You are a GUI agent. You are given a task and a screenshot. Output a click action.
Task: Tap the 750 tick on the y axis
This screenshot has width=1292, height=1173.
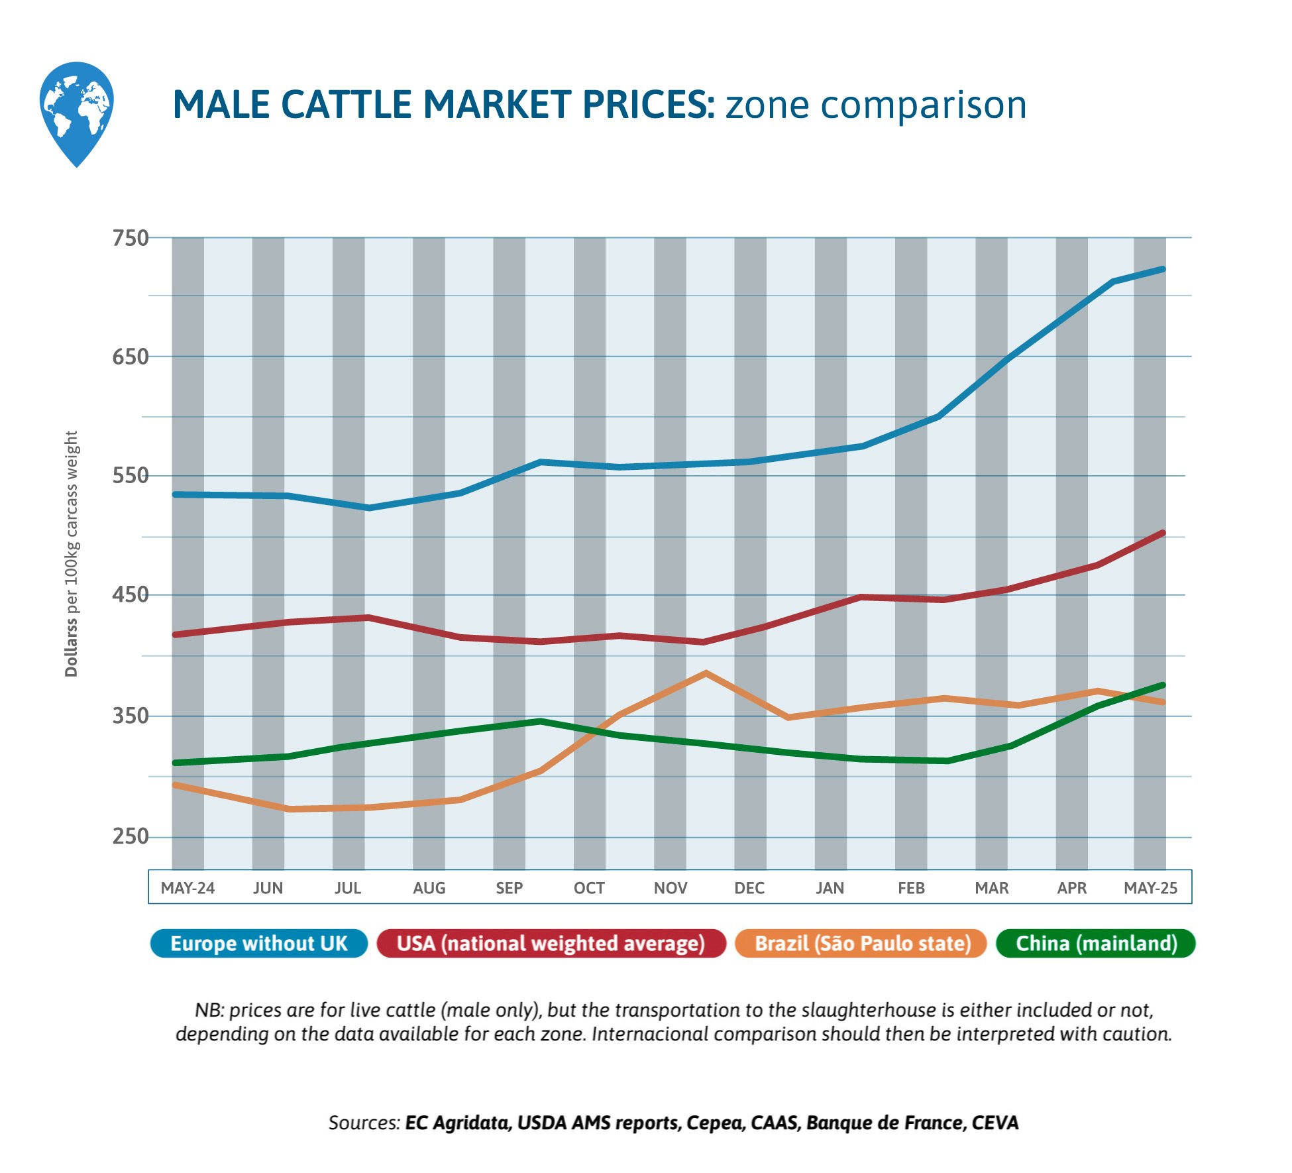point(131,238)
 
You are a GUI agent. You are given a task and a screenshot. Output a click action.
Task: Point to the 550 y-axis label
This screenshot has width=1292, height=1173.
point(131,476)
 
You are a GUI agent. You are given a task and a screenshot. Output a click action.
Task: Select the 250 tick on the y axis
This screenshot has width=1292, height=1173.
point(131,836)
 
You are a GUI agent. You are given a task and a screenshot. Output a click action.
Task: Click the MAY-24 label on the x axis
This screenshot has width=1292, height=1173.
point(188,888)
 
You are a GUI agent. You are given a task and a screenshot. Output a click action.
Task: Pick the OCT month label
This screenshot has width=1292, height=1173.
point(589,888)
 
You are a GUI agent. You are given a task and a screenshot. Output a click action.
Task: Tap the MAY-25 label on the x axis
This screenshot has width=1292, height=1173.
point(1150,888)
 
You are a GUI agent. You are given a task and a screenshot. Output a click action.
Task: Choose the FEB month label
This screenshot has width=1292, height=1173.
point(911,888)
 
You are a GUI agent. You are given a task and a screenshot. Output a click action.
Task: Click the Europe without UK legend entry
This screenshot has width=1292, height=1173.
point(258,943)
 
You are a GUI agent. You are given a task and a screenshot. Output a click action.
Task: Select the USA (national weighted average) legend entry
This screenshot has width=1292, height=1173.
point(551,943)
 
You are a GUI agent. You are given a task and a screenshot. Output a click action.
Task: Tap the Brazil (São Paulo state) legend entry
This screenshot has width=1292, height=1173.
point(862,943)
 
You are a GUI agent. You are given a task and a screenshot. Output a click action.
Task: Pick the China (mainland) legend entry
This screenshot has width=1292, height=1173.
point(1096,943)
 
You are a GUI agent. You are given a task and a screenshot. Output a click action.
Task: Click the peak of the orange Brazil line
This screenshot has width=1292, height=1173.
point(706,673)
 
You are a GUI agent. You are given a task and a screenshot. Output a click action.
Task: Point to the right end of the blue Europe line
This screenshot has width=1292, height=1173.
point(1163,269)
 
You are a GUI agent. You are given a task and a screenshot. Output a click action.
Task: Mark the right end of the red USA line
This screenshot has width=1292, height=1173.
point(1163,533)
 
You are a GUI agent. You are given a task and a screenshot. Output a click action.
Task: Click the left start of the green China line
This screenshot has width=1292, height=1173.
point(175,763)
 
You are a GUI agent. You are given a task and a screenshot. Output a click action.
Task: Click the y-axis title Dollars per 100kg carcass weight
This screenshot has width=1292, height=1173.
point(72,553)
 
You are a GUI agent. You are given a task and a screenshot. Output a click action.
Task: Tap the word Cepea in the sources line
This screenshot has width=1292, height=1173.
point(710,1123)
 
